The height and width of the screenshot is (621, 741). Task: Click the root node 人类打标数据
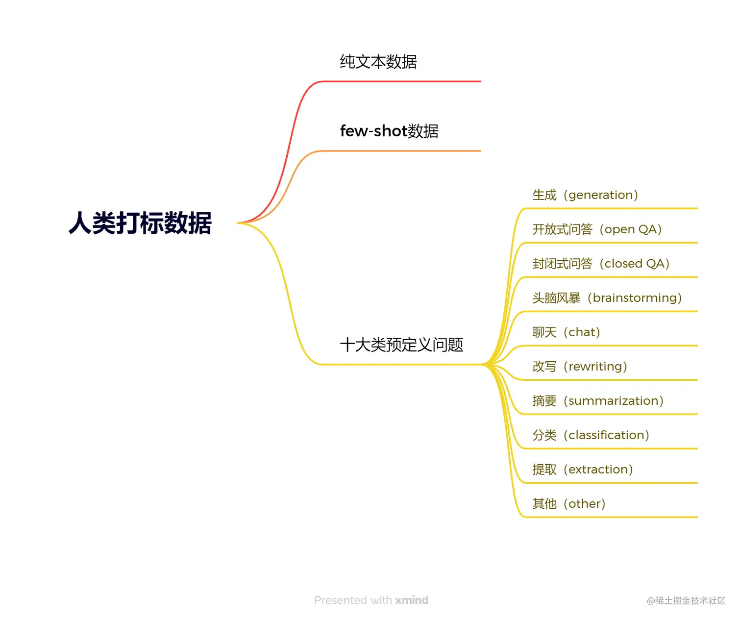[x=140, y=223]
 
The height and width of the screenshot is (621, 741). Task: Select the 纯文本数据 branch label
[x=378, y=62]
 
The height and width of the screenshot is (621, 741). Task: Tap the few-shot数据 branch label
[x=389, y=131]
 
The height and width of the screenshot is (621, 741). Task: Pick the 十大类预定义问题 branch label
[x=401, y=345]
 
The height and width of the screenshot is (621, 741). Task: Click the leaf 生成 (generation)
[x=585, y=195]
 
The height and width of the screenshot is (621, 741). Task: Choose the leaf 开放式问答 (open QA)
[x=597, y=229]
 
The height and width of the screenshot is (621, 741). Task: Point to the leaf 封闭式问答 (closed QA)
[x=601, y=264]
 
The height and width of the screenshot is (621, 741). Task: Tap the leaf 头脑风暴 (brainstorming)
[x=607, y=298]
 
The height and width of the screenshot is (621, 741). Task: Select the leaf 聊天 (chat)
[x=566, y=332]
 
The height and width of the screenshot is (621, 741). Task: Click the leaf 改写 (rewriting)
[x=580, y=367]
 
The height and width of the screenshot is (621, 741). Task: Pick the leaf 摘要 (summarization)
[x=598, y=401]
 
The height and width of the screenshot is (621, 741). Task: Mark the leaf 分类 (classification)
[x=591, y=435]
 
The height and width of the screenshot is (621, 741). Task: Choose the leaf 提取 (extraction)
[x=583, y=470]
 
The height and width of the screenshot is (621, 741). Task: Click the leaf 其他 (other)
[x=569, y=504]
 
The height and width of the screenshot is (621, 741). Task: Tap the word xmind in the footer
[x=412, y=600]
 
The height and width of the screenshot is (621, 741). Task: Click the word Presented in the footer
[x=341, y=600]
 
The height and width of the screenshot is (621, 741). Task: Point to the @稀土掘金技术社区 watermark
[x=686, y=600]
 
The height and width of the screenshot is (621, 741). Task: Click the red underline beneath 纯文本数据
[x=402, y=81]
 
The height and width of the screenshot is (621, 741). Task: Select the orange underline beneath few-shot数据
[x=402, y=151]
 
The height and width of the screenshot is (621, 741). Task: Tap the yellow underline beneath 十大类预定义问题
[x=402, y=364]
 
